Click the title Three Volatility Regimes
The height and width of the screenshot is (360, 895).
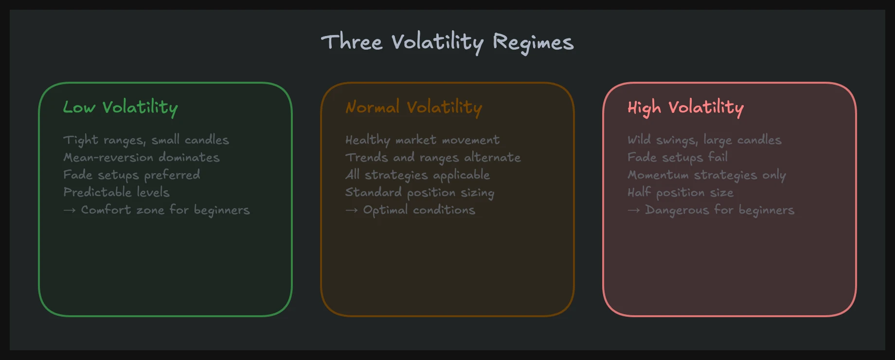point(447,42)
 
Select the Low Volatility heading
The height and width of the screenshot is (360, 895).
point(120,108)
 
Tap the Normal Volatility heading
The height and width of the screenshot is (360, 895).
point(413,108)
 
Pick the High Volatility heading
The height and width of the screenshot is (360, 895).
point(685,108)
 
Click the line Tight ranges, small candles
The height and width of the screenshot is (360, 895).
point(146,140)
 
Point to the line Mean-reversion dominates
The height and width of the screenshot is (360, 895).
point(142,158)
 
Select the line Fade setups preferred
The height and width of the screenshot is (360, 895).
point(131,175)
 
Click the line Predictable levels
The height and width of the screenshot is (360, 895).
point(116,193)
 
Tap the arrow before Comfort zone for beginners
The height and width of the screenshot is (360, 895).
point(69,210)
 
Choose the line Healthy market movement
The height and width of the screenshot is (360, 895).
point(422,140)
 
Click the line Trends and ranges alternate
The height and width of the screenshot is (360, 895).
point(433,158)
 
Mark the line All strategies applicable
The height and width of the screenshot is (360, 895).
point(417,175)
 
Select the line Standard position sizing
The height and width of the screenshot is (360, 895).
point(420,193)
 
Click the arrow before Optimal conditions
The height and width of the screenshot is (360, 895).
point(351,210)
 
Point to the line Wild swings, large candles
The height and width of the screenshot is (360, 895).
point(704,140)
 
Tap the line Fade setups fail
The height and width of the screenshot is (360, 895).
point(678,158)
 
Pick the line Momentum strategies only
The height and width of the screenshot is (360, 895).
point(707,175)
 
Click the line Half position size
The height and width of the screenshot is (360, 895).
point(680,193)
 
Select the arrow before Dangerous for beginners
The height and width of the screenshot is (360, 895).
point(633,210)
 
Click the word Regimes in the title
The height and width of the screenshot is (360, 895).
point(533,43)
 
